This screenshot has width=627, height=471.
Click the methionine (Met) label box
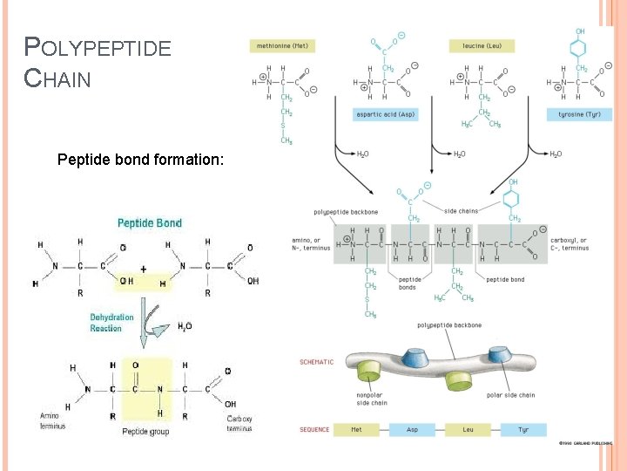pyautogui.click(x=282, y=44)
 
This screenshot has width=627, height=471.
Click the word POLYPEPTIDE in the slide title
pyautogui.click(x=98, y=48)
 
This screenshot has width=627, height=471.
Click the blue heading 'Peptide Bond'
pyautogui.click(x=150, y=223)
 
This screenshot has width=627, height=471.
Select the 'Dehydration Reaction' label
pyautogui.click(x=111, y=323)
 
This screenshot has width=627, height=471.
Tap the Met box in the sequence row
pyautogui.click(x=356, y=430)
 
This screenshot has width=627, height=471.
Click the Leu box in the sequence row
pyautogui.click(x=469, y=430)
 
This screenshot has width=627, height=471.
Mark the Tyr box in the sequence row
pyautogui.click(x=523, y=430)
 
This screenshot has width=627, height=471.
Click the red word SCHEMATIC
pyautogui.click(x=317, y=362)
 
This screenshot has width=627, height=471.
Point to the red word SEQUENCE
pyautogui.click(x=315, y=430)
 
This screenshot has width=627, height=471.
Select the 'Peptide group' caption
pyautogui.click(x=146, y=431)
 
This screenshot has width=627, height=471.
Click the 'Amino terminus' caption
pyautogui.click(x=50, y=421)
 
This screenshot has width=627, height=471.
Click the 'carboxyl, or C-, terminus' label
pyautogui.click(x=570, y=243)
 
